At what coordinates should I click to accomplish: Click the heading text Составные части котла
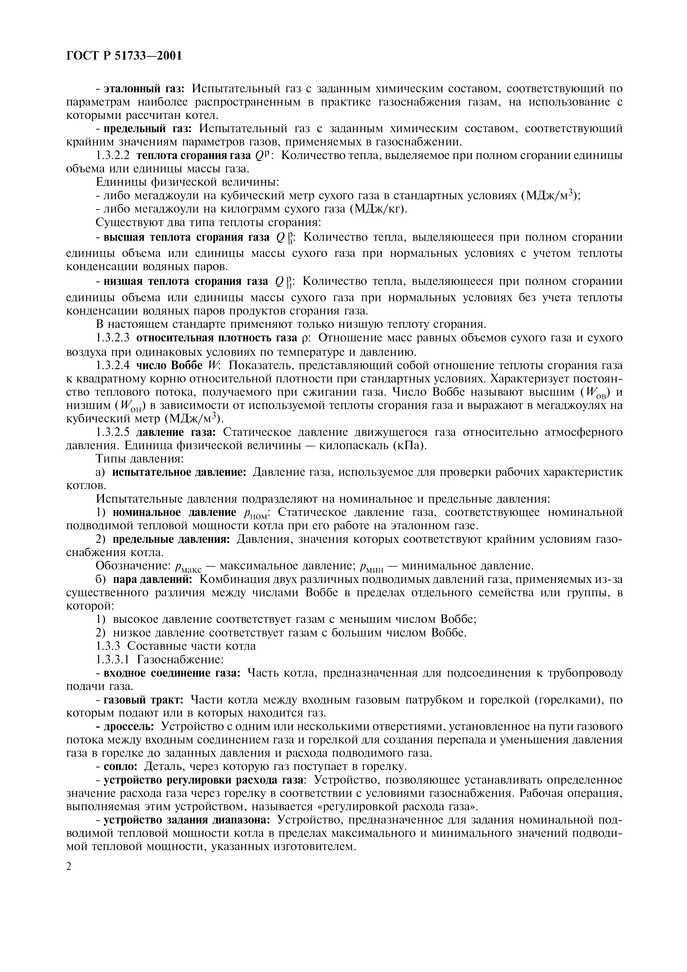pyautogui.click(x=191, y=646)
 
